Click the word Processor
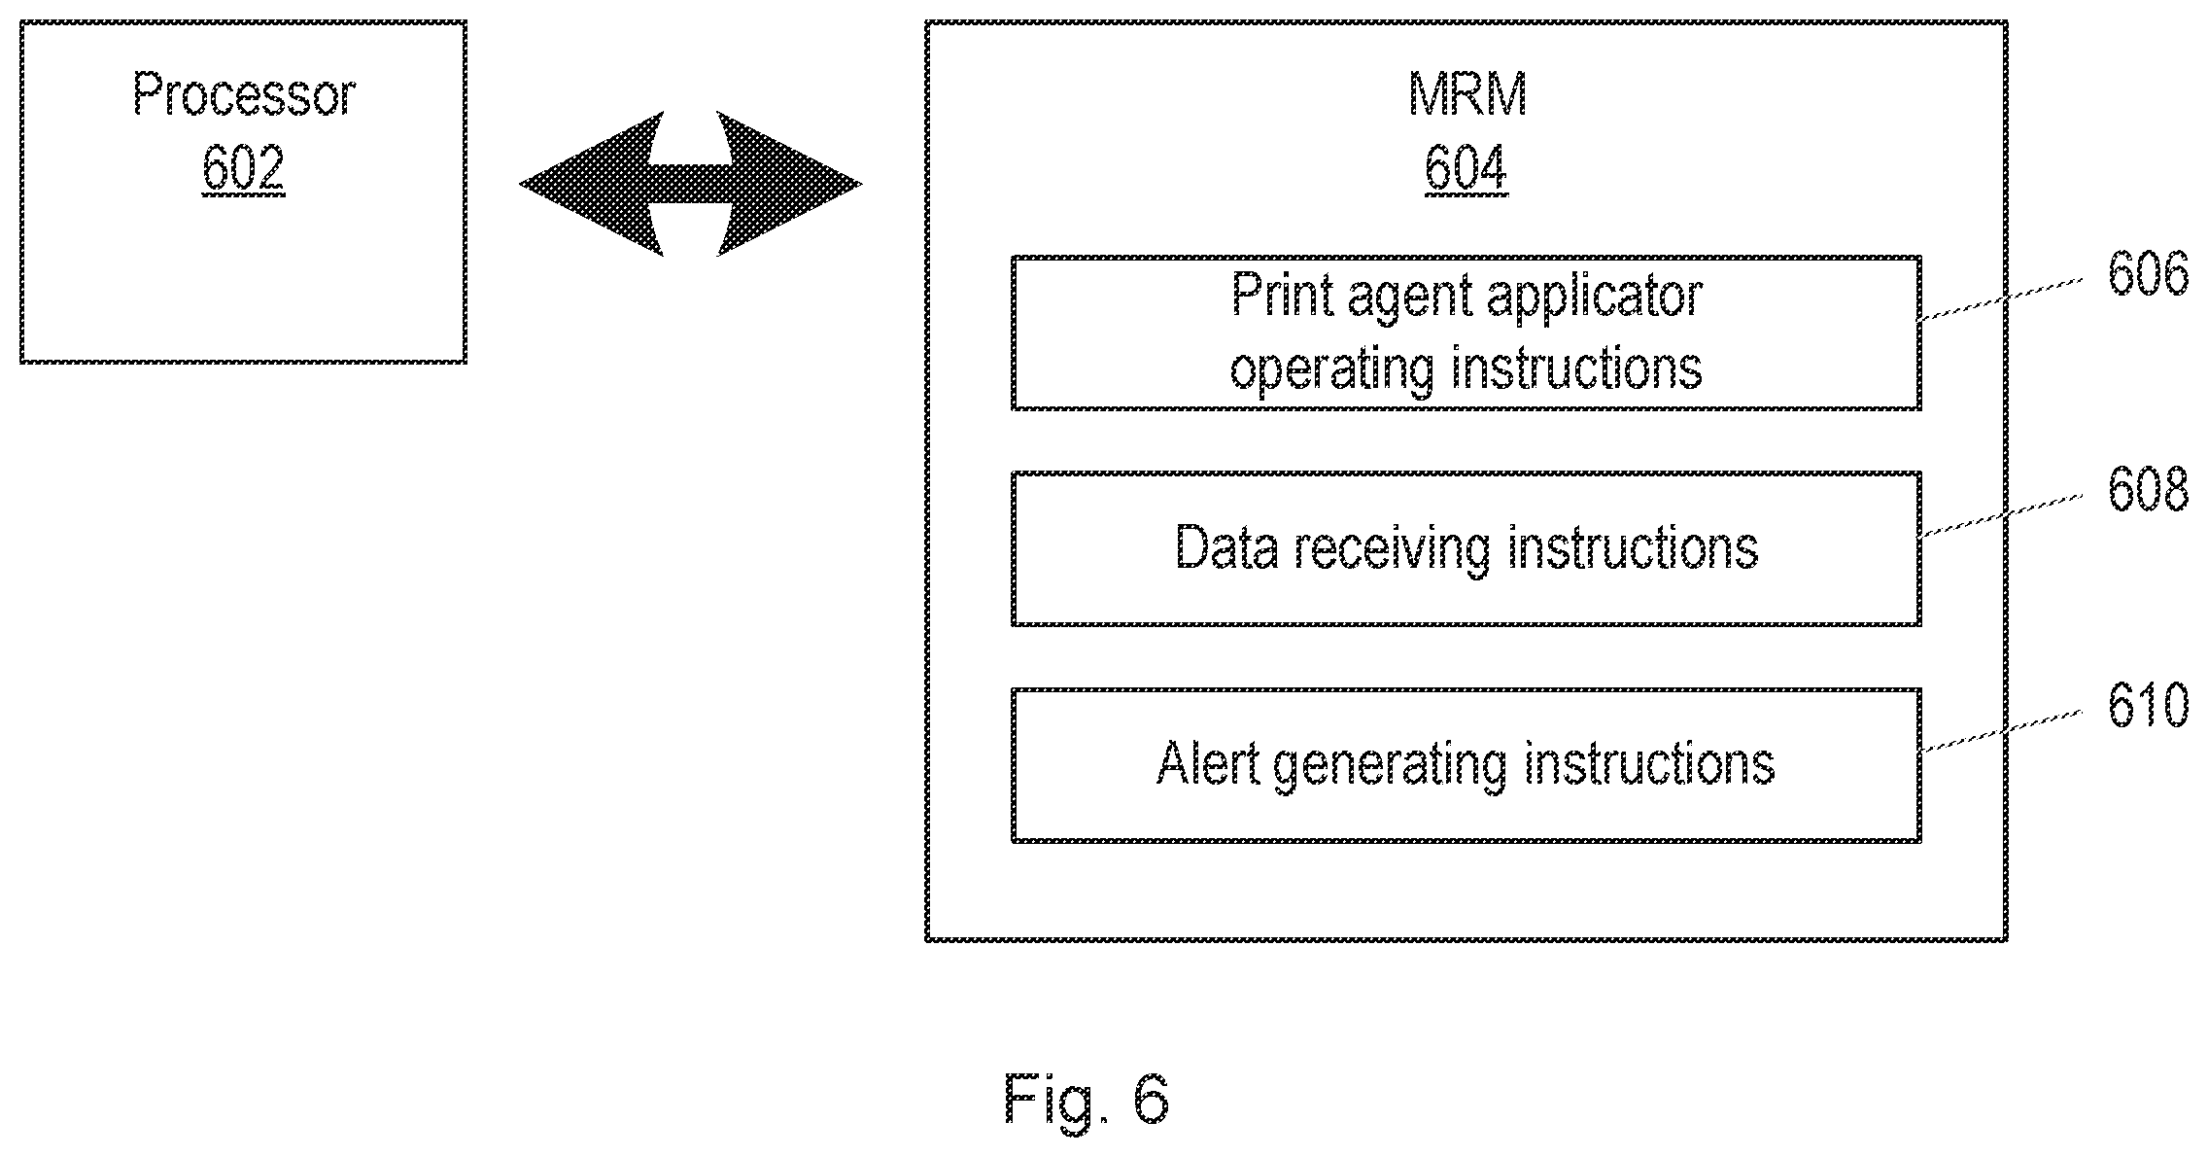244,95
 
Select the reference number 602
243,168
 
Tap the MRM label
1466,95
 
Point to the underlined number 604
1466,168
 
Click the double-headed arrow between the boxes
690,184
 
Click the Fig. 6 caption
1087,1100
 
